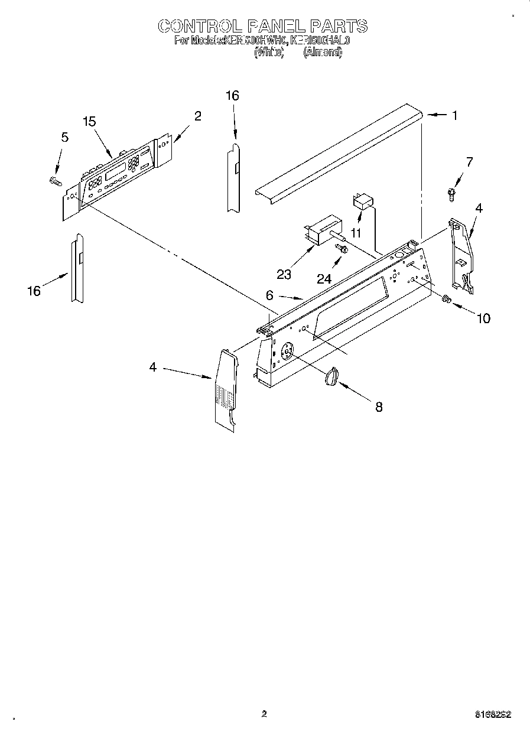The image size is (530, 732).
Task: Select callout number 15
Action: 89,122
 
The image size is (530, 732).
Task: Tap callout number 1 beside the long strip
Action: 454,116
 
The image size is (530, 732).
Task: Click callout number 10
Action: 483,318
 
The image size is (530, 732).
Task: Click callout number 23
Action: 284,274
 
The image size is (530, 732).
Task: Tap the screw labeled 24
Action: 342,250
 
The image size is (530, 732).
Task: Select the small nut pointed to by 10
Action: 447,300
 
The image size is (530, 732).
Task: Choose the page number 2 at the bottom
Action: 264,714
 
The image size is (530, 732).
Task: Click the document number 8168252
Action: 493,714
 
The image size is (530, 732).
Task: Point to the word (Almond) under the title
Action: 323,52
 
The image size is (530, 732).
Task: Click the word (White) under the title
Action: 269,52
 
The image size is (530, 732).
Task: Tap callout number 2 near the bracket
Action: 197,116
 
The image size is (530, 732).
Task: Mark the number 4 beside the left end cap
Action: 152,367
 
